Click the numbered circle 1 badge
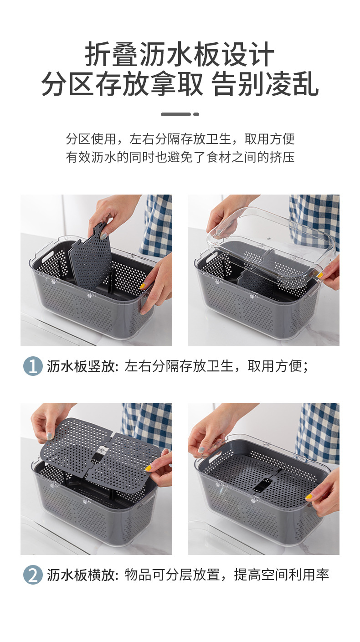click(33, 366)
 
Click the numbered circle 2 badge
click(33, 575)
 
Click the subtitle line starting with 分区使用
click(180, 139)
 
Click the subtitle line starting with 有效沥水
click(180, 158)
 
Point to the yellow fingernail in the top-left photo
click(143, 286)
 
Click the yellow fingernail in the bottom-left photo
click(148, 468)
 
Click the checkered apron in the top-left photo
click(157, 223)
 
